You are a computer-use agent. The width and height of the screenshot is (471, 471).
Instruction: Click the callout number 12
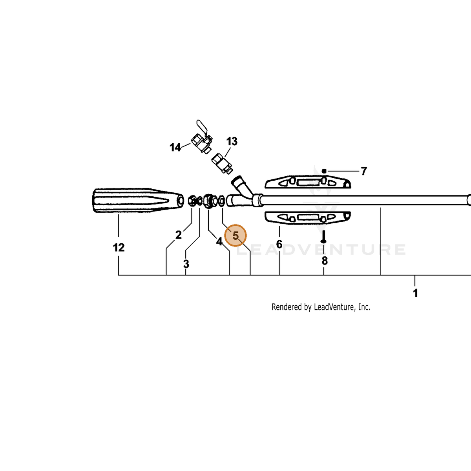tap(119, 248)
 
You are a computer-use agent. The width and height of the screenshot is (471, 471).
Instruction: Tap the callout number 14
tap(175, 148)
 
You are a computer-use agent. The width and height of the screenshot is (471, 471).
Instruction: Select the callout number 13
tap(232, 141)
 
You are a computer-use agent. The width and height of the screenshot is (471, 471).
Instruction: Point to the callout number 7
tap(364, 171)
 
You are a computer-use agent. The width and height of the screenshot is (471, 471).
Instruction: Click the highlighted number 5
tap(235, 235)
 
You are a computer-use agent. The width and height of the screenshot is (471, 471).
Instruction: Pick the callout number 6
tap(279, 244)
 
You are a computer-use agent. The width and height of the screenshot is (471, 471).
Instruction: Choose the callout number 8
tap(325, 261)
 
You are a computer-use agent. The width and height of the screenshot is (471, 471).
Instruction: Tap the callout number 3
tap(186, 264)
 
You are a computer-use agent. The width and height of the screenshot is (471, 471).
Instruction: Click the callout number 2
tap(179, 235)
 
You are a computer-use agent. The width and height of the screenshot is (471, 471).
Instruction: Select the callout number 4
tap(219, 241)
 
